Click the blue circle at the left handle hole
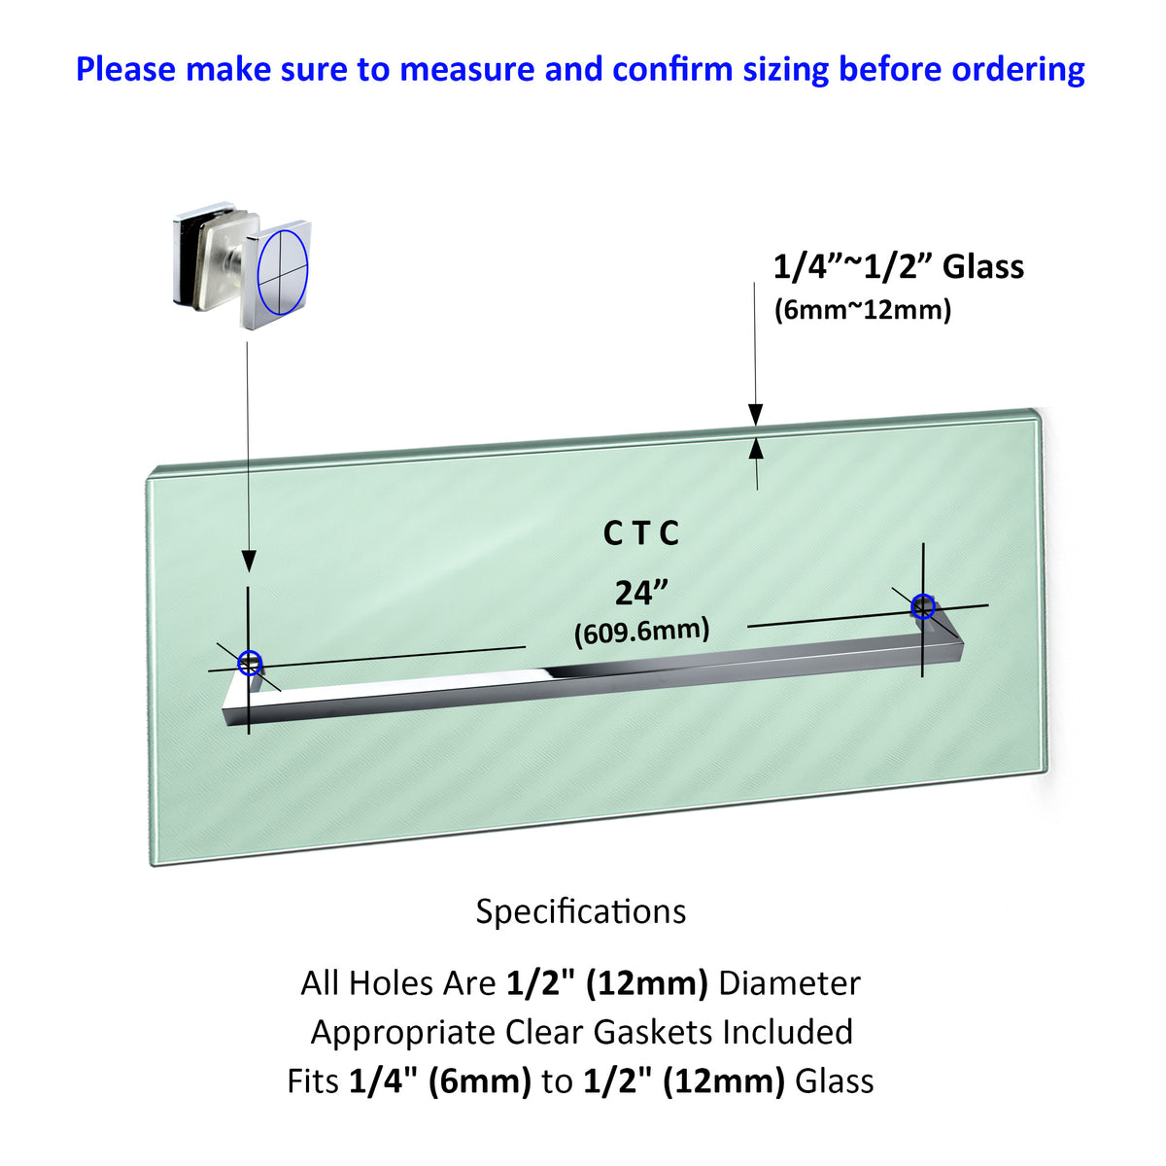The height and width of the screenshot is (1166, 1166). click(x=240, y=664)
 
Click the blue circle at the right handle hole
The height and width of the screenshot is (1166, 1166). click(x=912, y=607)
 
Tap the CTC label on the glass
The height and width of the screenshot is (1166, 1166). click(x=640, y=533)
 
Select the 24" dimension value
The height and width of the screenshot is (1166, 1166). click(x=640, y=593)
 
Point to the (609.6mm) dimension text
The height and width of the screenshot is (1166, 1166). click(x=641, y=633)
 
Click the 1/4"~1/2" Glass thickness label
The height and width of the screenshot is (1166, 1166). click(x=899, y=267)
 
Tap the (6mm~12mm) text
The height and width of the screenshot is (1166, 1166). click(x=863, y=310)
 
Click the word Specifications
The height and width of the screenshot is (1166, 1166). click(x=581, y=912)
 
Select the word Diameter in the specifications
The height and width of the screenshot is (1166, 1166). click(x=789, y=983)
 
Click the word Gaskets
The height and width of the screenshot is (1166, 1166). click(x=653, y=1032)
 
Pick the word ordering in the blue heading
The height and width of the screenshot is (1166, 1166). click(x=1018, y=70)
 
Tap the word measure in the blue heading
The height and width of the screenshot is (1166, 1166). click(x=467, y=70)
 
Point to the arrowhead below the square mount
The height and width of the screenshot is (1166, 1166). click(x=249, y=561)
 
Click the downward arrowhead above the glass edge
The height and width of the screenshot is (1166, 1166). click(x=755, y=415)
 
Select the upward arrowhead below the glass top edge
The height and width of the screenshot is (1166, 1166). click(x=756, y=449)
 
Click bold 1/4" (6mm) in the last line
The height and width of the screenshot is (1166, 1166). click(x=440, y=1081)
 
